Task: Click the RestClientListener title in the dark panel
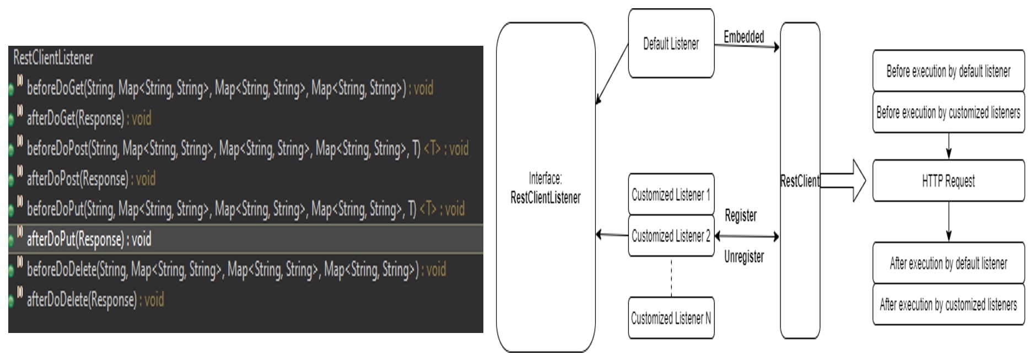[x=53, y=58]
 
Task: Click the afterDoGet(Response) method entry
[x=88, y=119]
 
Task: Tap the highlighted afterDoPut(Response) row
[x=88, y=239]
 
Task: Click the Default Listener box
[x=671, y=44]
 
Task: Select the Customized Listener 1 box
[x=671, y=195]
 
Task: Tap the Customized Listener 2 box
[x=671, y=236]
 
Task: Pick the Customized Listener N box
[x=671, y=318]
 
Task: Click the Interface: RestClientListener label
[x=545, y=188]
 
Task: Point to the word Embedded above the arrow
[x=744, y=37]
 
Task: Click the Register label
[x=740, y=216]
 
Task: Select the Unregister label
[x=744, y=257]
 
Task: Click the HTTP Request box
[x=948, y=181]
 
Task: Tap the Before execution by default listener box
[x=948, y=71]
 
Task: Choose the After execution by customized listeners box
[x=948, y=304]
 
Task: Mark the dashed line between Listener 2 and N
[x=671, y=277]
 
